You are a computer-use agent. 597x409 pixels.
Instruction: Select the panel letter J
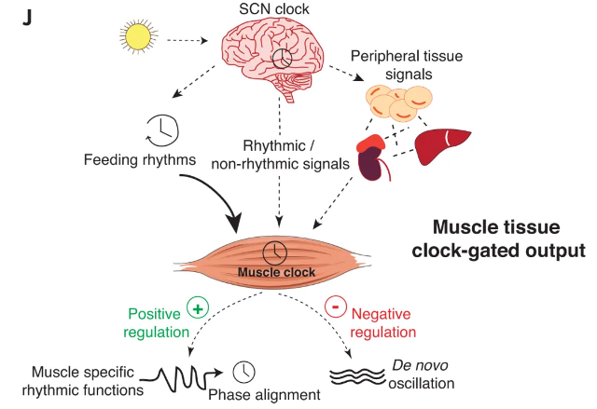tap(25, 16)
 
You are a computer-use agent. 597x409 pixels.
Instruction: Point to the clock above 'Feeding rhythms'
tap(161, 130)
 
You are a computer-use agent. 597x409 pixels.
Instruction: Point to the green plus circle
tap(197, 307)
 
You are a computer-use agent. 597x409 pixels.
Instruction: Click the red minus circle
tap(334, 307)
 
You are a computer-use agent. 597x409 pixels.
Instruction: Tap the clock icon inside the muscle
tap(274, 252)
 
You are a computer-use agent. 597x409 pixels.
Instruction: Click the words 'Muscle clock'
tap(276, 273)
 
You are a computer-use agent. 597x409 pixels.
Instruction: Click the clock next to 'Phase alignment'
tap(244, 371)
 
